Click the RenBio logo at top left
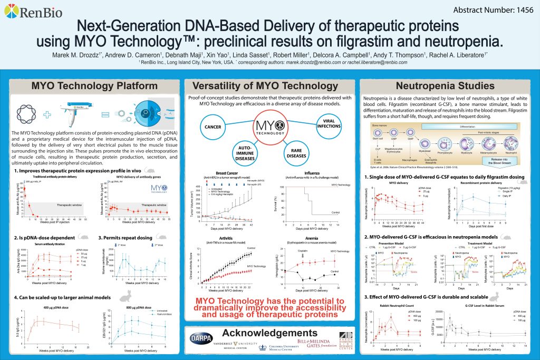[32, 12]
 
